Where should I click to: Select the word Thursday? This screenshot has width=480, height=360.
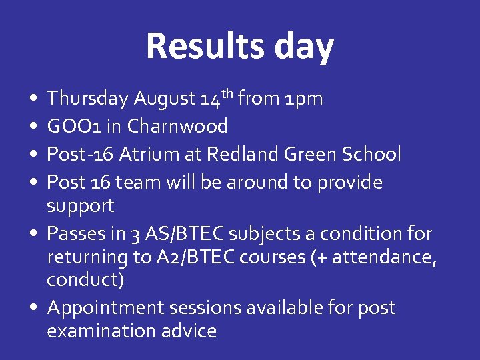(87, 99)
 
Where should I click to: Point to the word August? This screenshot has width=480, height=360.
(164, 99)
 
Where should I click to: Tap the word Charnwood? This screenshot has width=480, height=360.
(177, 126)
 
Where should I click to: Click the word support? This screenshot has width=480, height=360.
(80, 206)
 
